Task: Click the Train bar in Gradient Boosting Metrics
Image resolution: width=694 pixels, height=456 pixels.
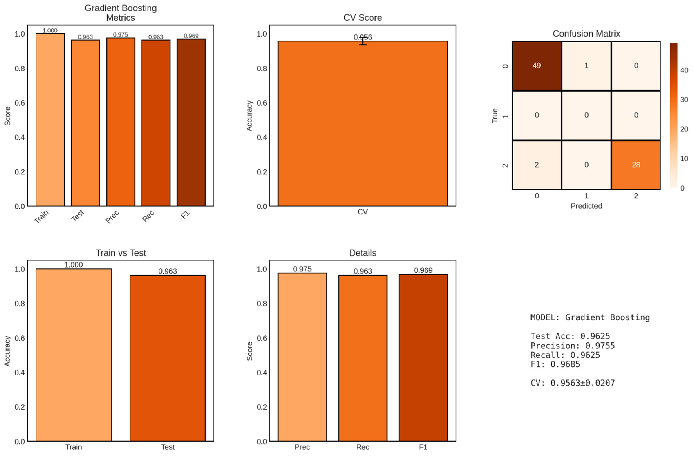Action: [x=50, y=119]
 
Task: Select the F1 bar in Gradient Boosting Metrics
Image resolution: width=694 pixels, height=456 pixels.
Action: [x=191, y=122]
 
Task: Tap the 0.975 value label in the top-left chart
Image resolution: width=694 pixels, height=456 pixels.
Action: [x=120, y=35]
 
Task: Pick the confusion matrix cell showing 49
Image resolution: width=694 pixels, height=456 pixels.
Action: [x=537, y=66]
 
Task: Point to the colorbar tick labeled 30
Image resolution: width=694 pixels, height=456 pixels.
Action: [x=684, y=100]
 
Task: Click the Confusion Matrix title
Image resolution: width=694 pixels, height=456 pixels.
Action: [x=586, y=34]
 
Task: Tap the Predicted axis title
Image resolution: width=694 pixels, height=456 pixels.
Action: [x=586, y=206]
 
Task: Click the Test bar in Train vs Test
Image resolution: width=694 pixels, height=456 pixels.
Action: [x=168, y=358]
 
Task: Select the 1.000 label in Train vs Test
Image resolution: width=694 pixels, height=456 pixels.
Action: [x=73, y=265]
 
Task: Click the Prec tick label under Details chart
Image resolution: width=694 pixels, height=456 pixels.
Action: [x=302, y=447]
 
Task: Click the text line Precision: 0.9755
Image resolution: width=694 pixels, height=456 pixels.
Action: [x=572, y=346]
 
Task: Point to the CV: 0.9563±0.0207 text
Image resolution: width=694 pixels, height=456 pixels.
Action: [x=572, y=383]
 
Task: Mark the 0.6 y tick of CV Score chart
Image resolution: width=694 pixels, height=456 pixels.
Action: [x=262, y=103]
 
